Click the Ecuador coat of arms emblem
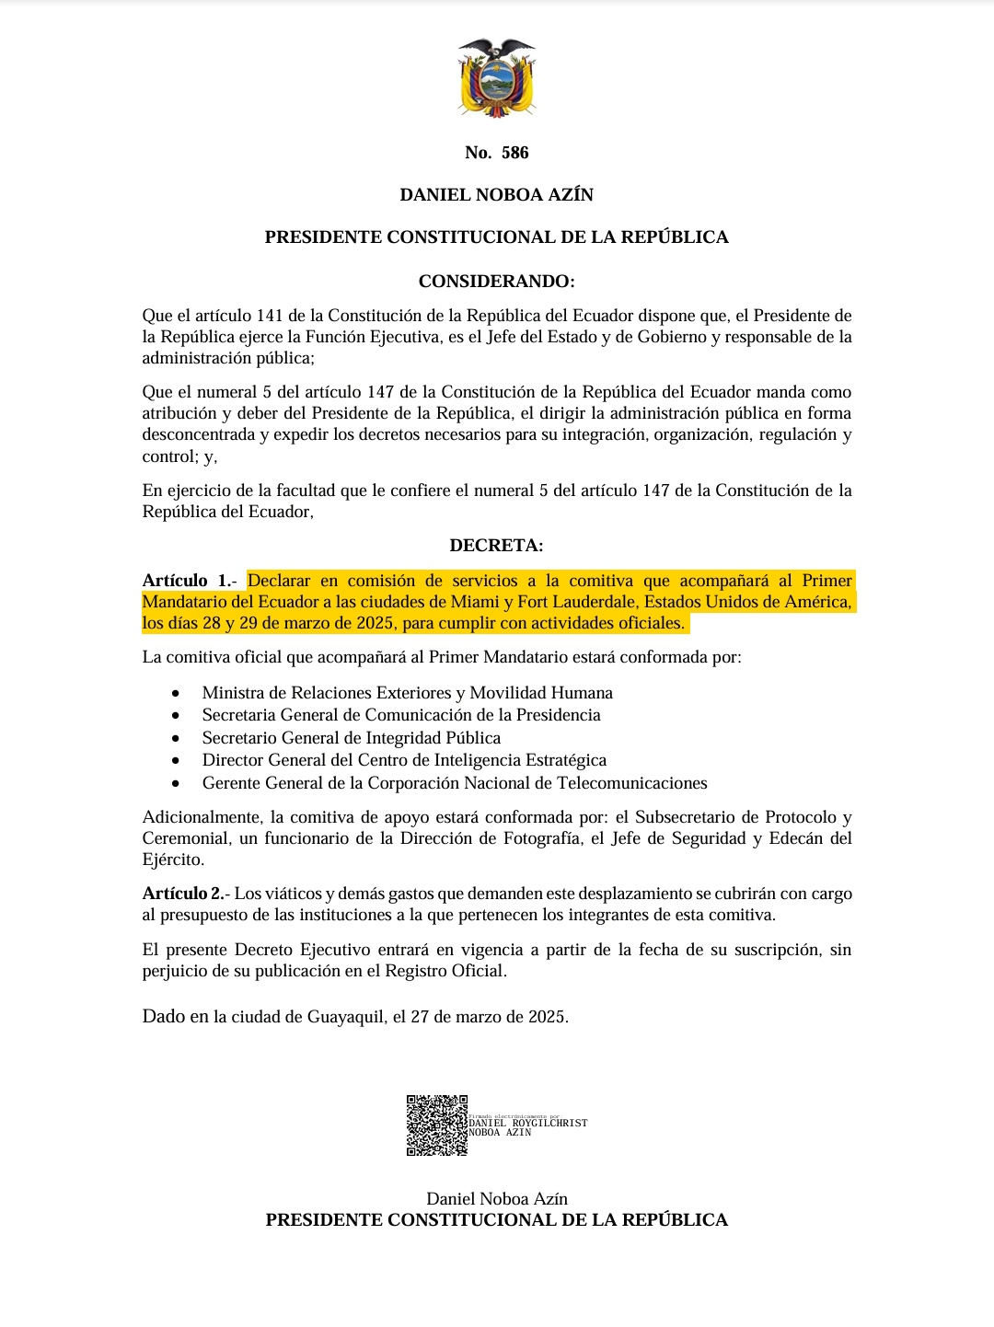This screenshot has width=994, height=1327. tap(497, 79)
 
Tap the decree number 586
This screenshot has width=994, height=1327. tap(514, 153)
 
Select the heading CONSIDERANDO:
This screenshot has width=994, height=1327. tap(497, 282)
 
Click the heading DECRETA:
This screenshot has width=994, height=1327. tap(497, 546)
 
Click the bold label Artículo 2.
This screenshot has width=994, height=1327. tap(183, 894)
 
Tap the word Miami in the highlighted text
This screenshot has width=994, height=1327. tap(475, 602)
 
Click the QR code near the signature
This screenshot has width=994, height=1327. tap(437, 1125)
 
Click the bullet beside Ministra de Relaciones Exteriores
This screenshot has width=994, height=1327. tap(176, 693)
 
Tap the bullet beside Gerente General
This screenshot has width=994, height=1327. tap(176, 783)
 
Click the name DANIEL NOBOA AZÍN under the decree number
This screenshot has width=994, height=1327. tap(497, 195)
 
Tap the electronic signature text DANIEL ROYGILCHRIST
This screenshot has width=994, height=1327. tap(527, 1123)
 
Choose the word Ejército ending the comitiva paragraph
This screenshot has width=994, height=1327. tap(172, 860)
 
